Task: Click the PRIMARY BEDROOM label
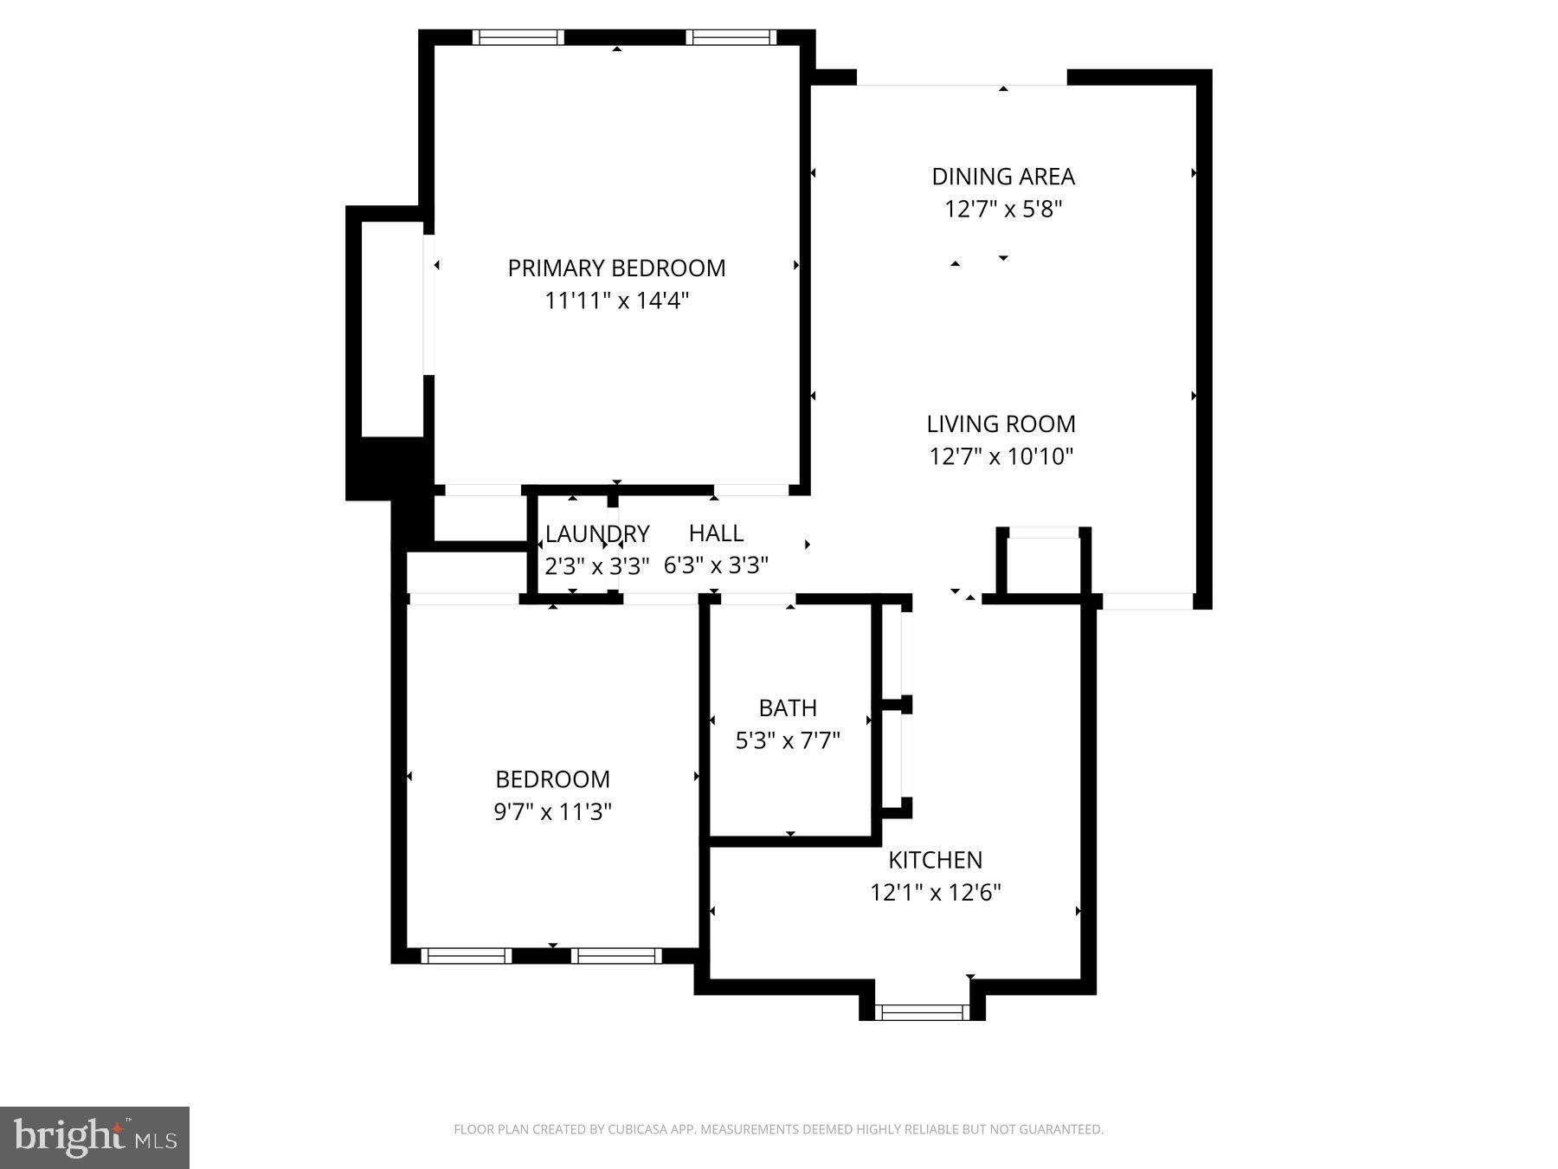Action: tap(616, 268)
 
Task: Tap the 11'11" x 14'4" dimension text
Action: tap(616, 301)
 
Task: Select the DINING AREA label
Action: tap(1003, 177)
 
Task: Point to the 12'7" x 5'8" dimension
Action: tap(1003, 210)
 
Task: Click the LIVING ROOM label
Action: tap(1001, 424)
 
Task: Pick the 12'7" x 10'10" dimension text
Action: tap(1001, 456)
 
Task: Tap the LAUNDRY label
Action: tap(596, 533)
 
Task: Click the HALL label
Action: tap(716, 533)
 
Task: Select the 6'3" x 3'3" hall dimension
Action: tap(716, 565)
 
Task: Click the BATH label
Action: tap(788, 708)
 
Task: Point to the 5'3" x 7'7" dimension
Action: tap(788, 741)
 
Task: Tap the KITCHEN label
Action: tap(935, 860)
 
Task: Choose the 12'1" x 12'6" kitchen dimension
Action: tap(935, 893)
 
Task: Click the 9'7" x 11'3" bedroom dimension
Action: tap(552, 812)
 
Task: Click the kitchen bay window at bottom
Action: tap(922, 1011)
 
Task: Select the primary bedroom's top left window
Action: tap(518, 37)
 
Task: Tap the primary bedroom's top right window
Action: tap(731, 37)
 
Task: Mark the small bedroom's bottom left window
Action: tap(466, 956)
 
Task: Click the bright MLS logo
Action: tap(94, 1137)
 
